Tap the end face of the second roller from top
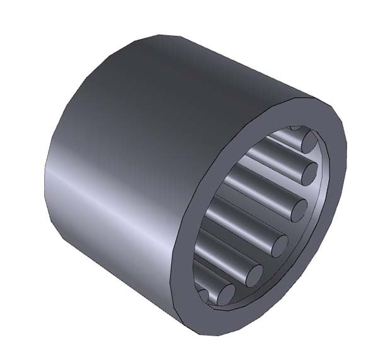point(307,171)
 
